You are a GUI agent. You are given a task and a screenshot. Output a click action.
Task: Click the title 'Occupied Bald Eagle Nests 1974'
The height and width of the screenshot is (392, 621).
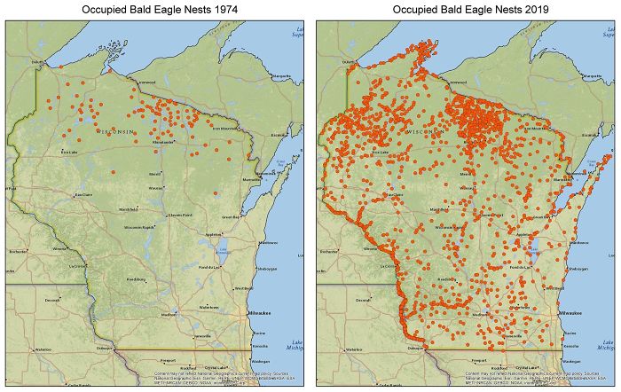pos(154,10)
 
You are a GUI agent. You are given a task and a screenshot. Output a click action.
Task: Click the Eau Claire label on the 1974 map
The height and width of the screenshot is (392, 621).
pos(83,194)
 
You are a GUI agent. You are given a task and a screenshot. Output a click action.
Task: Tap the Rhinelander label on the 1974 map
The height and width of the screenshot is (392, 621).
pos(163,142)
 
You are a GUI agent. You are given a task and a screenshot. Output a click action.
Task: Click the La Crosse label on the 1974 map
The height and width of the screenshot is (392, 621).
pos(76,265)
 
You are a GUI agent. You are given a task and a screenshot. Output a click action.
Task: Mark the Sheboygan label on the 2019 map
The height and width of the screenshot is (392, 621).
pos(578,268)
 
